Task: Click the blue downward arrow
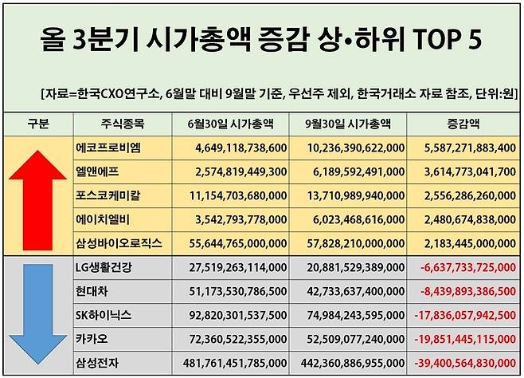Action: [37, 316]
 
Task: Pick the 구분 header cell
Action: [37, 124]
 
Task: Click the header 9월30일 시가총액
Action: [347, 124]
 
